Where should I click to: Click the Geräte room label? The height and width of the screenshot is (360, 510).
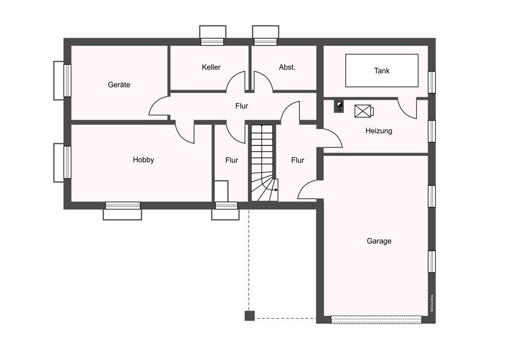tap(119, 85)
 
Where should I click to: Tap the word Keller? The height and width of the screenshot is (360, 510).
tap(211, 67)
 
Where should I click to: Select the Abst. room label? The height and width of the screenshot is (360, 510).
tap(287, 67)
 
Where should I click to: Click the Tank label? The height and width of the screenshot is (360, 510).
tap(381, 70)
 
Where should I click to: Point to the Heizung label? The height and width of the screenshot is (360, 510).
tap(378, 131)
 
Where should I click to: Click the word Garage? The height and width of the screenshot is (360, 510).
tap(379, 241)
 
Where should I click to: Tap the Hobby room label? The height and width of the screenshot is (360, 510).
tap(143, 160)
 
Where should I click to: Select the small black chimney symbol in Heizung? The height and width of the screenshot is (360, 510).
tap(339, 107)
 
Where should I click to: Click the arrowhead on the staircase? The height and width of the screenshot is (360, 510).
tap(276, 190)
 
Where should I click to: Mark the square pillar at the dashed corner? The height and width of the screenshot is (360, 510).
tap(249, 316)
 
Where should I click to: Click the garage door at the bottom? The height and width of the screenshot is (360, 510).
tap(376, 319)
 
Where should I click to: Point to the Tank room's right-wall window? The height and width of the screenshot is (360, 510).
tap(431, 82)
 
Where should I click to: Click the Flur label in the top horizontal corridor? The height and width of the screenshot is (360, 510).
tap(242, 106)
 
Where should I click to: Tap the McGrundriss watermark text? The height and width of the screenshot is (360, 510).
tap(432, 303)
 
